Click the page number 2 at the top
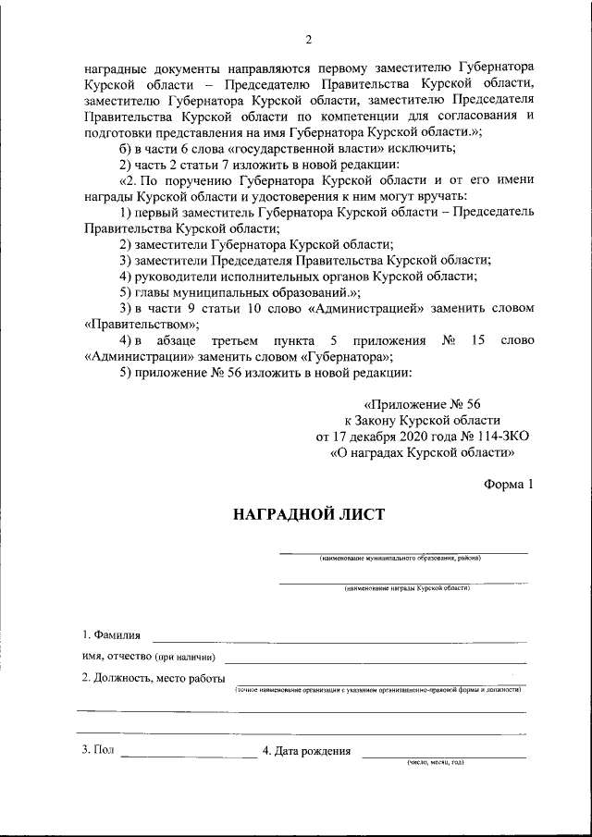point(309,39)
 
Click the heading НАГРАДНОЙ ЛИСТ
point(309,514)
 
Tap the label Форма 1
point(509,484)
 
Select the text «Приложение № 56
point(423,404)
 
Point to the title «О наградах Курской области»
point(423,453)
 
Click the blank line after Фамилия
point(339,639)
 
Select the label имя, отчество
point(149,658)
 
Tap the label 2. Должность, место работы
point(153,679)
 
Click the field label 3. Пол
point(97,750)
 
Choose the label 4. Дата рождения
point(306,751)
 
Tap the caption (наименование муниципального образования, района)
point(400,559)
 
